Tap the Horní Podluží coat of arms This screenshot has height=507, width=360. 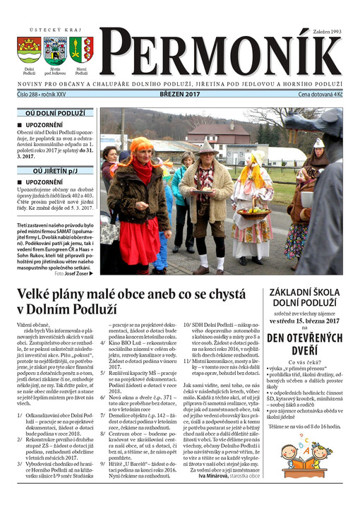pos(80,49)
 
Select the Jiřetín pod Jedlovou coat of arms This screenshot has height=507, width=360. pos(54,49)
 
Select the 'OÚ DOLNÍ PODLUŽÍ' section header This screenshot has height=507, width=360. pos(55,112)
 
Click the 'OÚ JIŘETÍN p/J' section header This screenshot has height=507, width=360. pos(55,170)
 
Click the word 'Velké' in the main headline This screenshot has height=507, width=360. pos(42,294)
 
